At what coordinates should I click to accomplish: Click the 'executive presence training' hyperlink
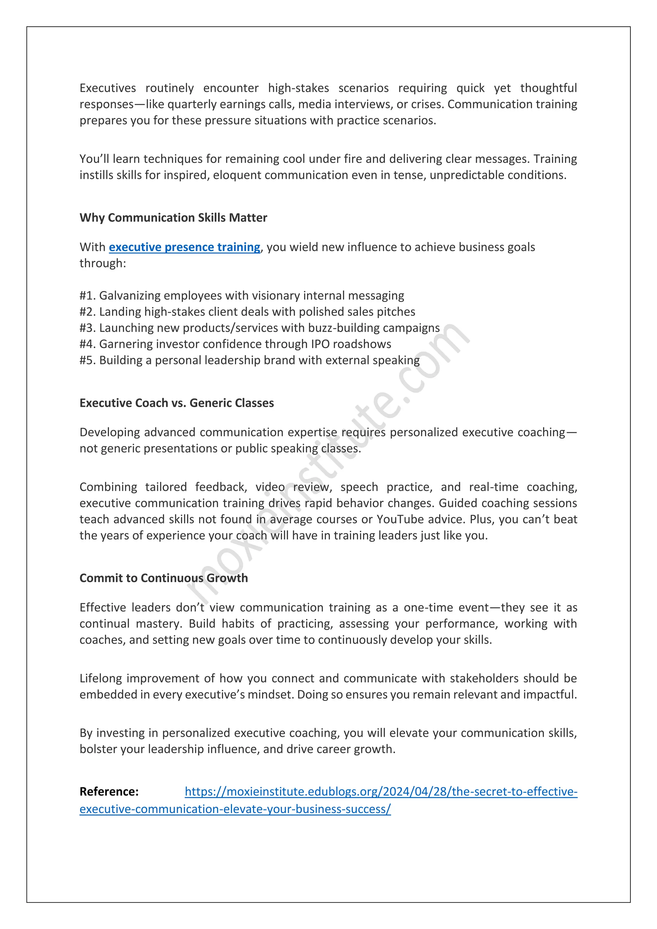point(184,247)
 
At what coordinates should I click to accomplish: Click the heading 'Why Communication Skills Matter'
point(173,218)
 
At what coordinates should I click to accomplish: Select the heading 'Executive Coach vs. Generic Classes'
point(176,403)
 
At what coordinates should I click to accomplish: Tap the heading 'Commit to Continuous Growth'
point(163,578)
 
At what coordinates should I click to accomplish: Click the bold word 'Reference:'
point(109,791)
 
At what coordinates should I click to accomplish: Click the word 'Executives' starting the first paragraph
point(107,88)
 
